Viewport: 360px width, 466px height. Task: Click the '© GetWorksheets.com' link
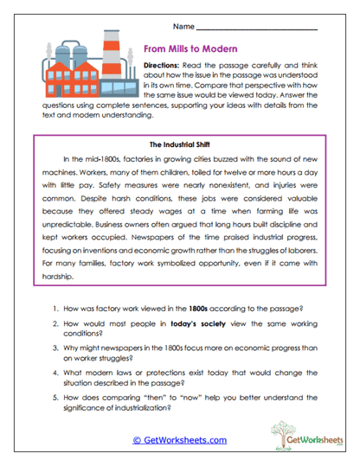179,438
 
